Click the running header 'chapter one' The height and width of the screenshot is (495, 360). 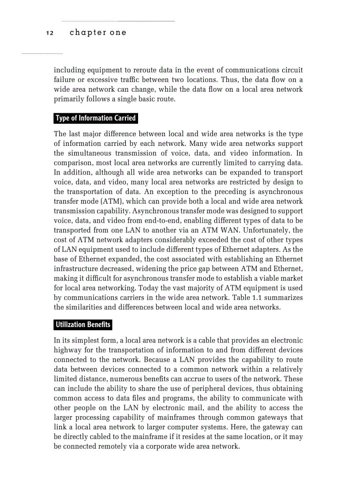(x=98, y=33)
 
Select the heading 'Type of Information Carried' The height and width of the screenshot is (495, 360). (x=95, y=118)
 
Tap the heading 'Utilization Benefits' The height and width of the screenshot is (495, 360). (x=83, y=325)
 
